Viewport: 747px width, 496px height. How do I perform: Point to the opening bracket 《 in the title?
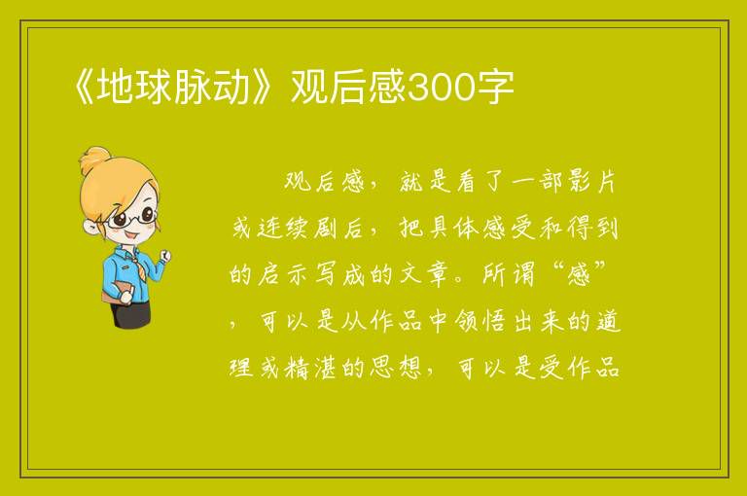coord(85,88)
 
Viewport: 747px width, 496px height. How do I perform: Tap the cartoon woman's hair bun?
coord(95,159)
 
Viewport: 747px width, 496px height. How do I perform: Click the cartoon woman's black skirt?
coord(130,315)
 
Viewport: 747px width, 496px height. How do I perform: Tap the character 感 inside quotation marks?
coord(579,275)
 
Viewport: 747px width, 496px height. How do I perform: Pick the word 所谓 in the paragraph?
coord(509,275)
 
